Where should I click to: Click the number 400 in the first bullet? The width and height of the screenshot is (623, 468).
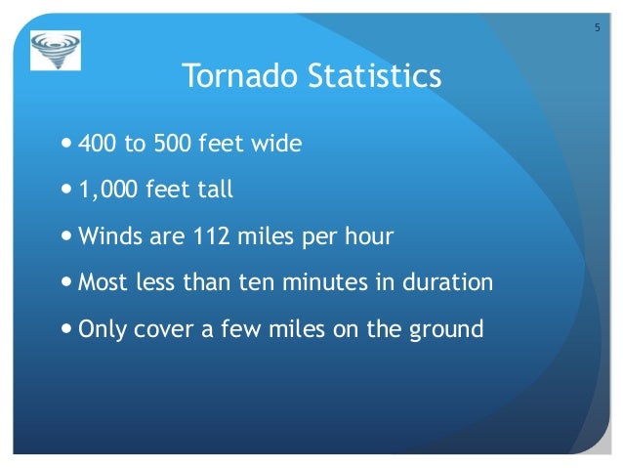[x=96, y=145]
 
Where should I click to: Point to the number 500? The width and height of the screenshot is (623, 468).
[x=167, y=145]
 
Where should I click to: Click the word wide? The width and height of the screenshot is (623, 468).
[x=275, y=145]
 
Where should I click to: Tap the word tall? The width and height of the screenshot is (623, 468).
[x=215, y=190]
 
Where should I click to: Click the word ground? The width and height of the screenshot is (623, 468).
[x=449, y=329]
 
